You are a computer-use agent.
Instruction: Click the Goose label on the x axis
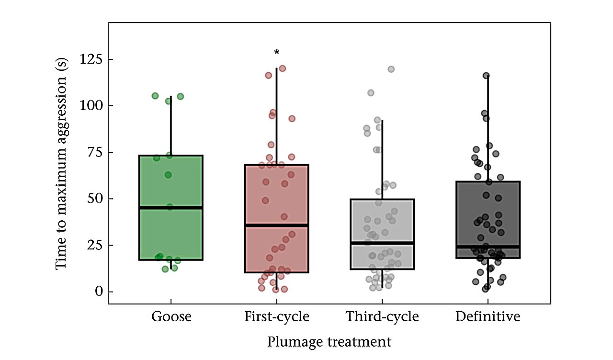[x=171, y=317]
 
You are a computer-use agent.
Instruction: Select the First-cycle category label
[x=277, y=317]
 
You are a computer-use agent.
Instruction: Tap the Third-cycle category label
[x=382, y=317]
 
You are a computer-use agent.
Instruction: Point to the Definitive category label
[x=488, y=317]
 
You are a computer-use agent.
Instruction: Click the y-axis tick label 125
[x=91, y=59]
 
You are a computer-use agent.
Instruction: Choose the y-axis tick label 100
[x=91, y=106]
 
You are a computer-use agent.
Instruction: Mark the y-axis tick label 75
[x=95, y=152]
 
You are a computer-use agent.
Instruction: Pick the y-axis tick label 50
[x=95, y=199]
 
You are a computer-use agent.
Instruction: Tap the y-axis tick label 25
[x=95, y=245]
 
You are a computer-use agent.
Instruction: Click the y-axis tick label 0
[x=99, y=292]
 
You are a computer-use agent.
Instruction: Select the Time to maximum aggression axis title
[x=61, y=164]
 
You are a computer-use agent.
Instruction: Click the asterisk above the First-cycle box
[x=277, y=52]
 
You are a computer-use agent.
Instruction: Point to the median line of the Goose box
[x=171, y=208]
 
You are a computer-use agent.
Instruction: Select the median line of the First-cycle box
[x=277, y=225]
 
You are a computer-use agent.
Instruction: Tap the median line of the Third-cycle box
[x=382, y=243]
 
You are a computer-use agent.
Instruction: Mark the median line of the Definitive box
[x=488, y=247]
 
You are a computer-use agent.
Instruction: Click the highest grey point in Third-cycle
[x=391, y=69]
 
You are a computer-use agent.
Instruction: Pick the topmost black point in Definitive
[x=486, y=76]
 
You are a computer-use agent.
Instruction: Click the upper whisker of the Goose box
[x=171, y=126]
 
